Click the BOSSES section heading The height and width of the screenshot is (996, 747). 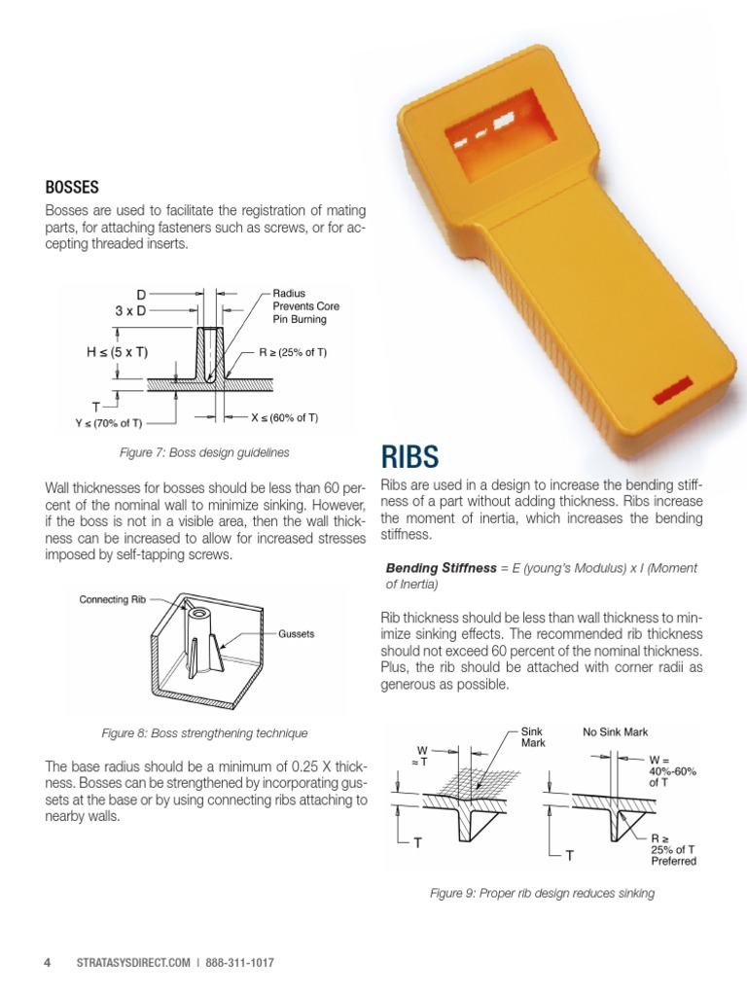72,186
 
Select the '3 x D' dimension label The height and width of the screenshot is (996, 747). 131,311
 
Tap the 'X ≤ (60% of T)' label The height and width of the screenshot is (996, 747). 285,417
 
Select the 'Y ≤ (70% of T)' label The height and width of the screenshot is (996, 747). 109,422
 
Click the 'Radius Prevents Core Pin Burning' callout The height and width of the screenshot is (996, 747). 300,305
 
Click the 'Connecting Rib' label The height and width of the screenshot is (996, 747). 112,600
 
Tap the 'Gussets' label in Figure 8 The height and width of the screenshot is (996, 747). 298,633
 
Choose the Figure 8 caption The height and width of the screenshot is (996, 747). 204,732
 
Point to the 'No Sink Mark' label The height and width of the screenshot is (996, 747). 615,731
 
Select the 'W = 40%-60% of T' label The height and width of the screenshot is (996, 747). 671,770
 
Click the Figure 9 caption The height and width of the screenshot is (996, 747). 542,893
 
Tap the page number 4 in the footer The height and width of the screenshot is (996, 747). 47,963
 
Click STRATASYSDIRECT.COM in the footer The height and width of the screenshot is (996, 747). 131,963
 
